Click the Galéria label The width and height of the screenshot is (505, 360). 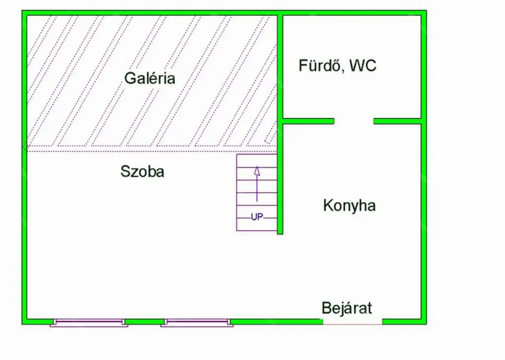tap(149, 78)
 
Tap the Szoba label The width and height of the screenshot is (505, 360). tap(143, 172)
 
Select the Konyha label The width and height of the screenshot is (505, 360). tap(349, 205)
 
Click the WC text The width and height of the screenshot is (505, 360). tap(363, 66)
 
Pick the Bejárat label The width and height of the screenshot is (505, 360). tap(347, 308)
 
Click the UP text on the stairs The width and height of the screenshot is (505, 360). tap(257, 216)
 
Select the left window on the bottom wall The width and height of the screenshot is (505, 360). tap(89, 323)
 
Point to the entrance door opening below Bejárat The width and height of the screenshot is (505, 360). tap(353, 322)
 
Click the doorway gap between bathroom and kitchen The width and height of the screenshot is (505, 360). tap(354, 121)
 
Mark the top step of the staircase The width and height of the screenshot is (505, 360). tap(256, 161)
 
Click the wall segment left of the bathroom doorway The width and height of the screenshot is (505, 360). tap(308, 121)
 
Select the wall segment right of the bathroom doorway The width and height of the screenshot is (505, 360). tap(397, 121)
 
